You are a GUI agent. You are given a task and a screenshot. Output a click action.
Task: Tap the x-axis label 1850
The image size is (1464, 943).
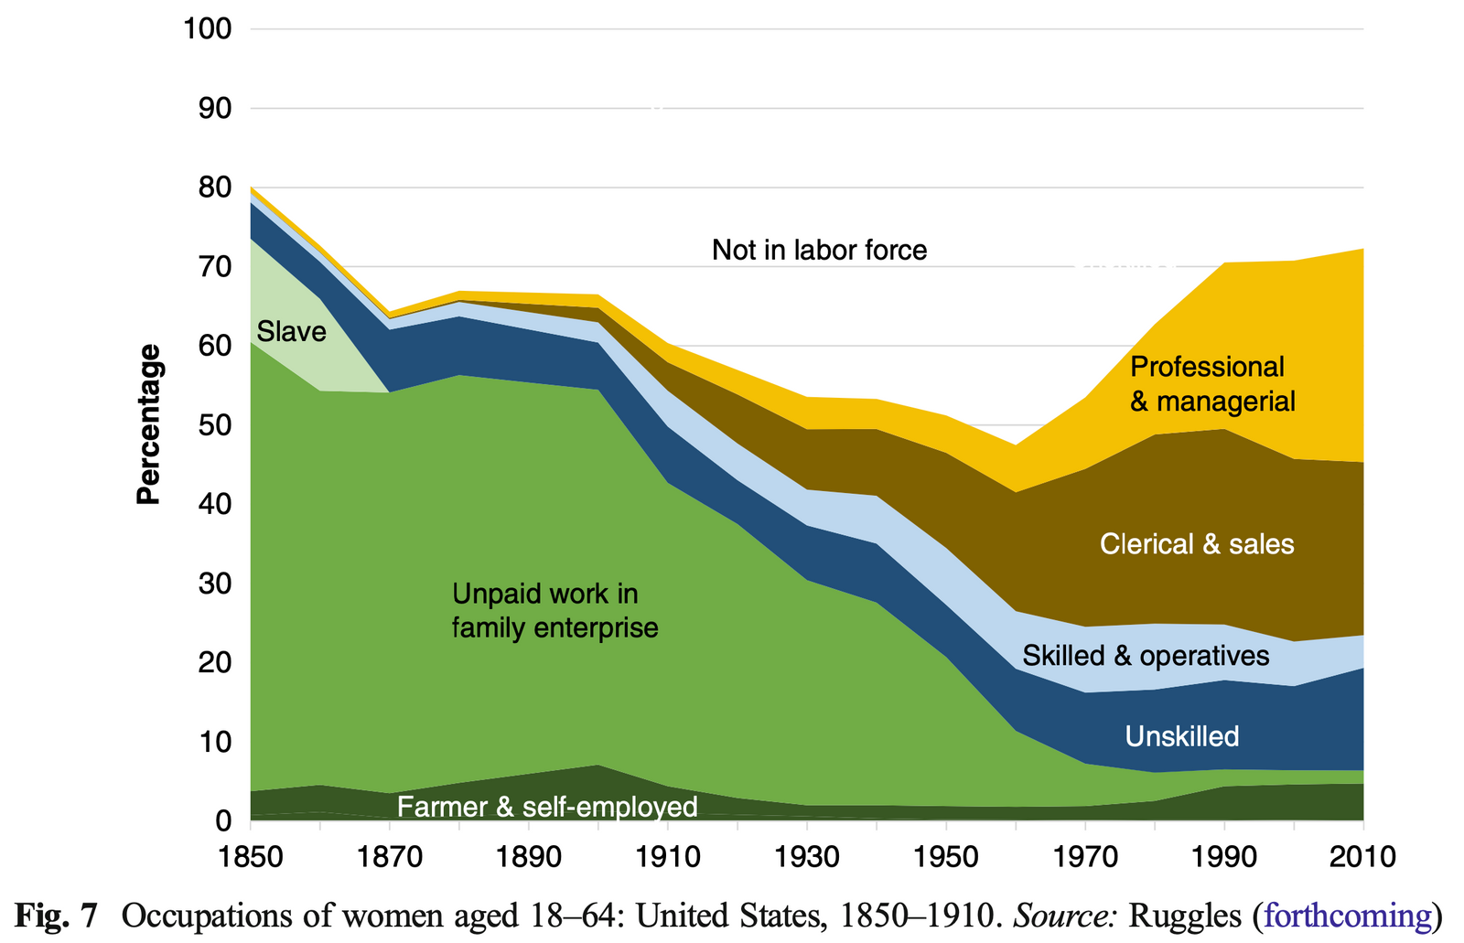tap(250, 857)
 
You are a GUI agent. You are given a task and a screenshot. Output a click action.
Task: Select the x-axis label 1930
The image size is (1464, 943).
tap(806, 857)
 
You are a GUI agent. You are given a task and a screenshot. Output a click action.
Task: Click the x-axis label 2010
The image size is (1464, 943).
tap(1362, 857)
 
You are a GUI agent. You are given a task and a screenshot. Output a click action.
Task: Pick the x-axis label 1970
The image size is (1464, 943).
tap(1084, 857)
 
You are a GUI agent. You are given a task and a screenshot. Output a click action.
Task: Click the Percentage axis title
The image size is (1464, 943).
tap(148, 424)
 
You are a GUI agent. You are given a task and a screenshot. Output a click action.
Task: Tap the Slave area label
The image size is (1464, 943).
tap(291, 331)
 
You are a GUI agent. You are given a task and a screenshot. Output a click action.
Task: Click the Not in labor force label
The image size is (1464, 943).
tap(819, 250)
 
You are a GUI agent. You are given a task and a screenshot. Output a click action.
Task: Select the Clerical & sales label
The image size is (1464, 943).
tap(1196, 544)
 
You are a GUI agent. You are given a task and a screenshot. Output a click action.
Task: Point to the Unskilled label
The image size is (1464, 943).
tap(1181, 736)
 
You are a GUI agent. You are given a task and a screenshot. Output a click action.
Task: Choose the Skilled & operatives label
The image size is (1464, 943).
tap(1146, 656)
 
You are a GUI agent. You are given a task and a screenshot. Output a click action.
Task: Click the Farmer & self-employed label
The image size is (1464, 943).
tap(547, 807)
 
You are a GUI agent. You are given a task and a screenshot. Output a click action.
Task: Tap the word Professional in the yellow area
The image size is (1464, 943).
tap(1207, 367)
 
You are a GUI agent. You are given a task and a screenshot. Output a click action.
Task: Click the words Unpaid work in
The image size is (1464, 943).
tap(544, 595)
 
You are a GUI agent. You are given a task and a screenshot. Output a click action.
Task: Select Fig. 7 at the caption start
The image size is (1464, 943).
tap(57, 916)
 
